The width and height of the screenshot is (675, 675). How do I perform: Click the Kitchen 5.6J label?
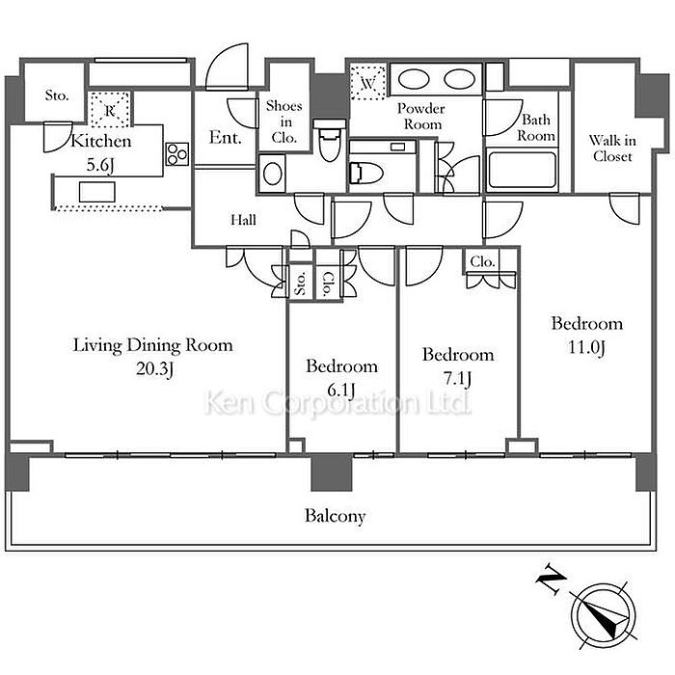point(100,152)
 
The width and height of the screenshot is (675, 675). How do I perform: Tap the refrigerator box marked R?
point(110,110)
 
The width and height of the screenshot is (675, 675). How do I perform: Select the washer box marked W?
point(367,82)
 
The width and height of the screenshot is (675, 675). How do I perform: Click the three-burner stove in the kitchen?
point(177,153)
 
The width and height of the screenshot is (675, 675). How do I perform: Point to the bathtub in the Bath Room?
point(523,170)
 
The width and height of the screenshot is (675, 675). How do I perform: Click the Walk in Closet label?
point(612,148)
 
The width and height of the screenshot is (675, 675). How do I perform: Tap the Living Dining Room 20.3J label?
point(152,357)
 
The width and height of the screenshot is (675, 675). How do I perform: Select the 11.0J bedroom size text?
point(586,347)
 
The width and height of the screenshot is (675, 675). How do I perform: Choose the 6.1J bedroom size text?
point(341,390)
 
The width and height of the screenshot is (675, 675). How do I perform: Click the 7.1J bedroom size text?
point(457,378)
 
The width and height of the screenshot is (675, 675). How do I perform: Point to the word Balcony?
point(335,516)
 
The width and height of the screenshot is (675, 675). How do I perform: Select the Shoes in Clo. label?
point(284,121)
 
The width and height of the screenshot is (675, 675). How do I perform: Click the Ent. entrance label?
point(225,137)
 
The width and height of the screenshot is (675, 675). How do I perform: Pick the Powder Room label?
point(421,116)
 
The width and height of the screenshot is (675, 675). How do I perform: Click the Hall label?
point(243,220)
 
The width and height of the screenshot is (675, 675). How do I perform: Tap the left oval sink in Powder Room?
point(413,79)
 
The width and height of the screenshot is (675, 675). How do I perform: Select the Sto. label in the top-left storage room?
point(57,94)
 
